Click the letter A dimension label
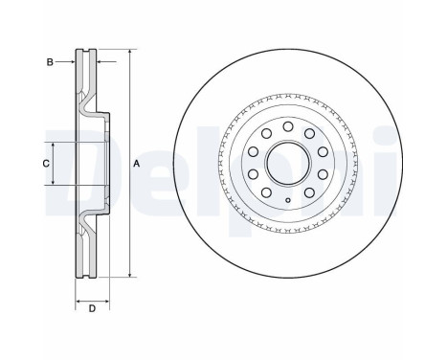(x=136, y=164)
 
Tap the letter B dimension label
(x=50, y=62)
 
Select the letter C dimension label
(x=46, y=164)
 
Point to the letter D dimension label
(x=92, y=308)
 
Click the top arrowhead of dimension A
(x=129, y=52)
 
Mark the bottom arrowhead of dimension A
(x=129, y=274)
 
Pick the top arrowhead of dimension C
(x=54, y=146)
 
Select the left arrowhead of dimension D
(x=78, y=301)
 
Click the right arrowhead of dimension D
(x=106, y=301)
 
